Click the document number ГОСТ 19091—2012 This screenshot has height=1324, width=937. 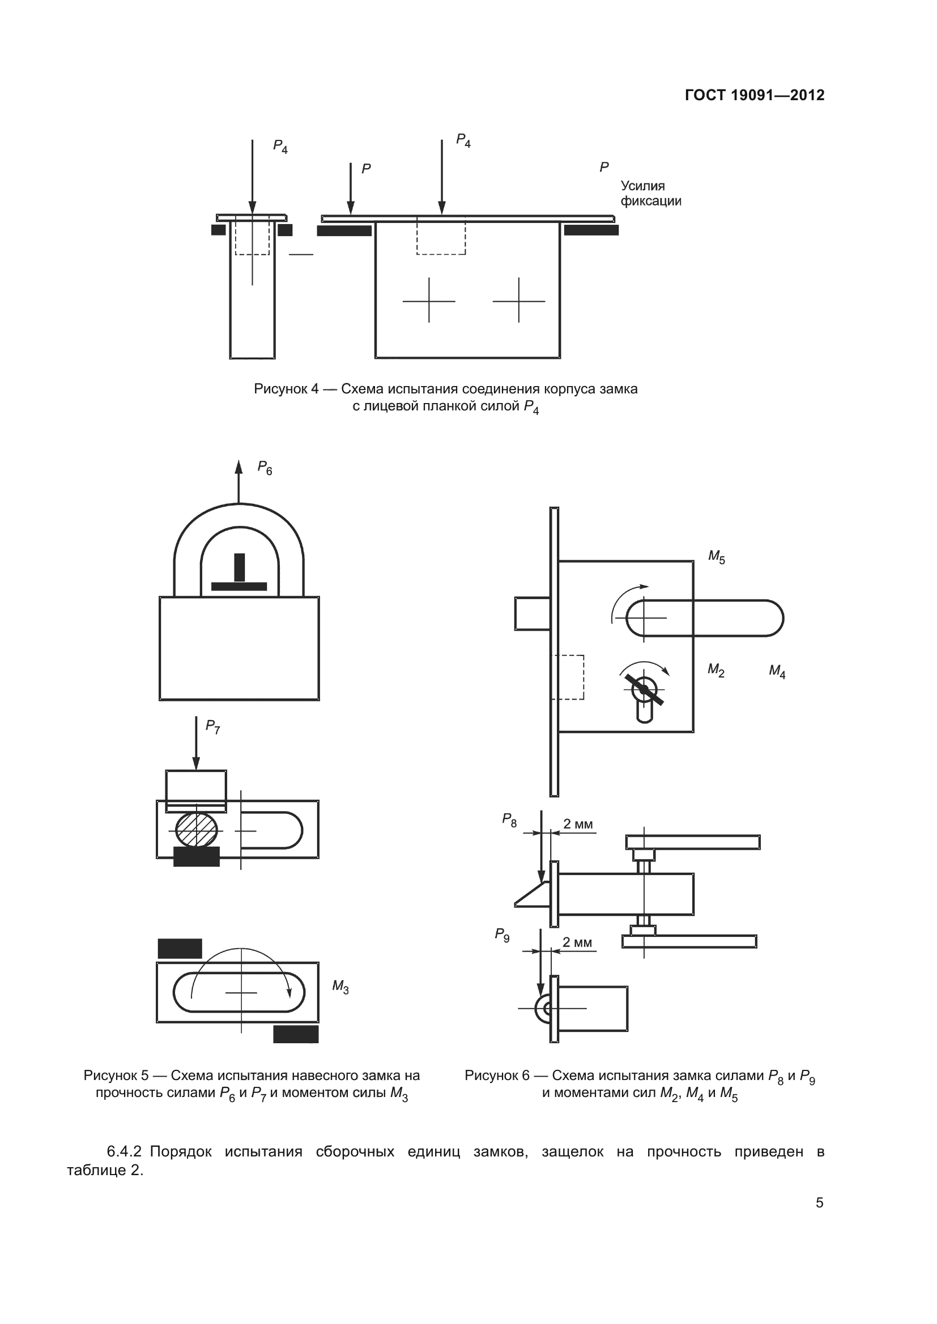click(x=754, y=95)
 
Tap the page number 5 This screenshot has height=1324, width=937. click(x=819, y=1202)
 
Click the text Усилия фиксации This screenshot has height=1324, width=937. click(x=650, y=193)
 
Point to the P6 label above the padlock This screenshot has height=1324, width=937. click(x=265, y=468)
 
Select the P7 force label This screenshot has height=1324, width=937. click(x=212, y=727)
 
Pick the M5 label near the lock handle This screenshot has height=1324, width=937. click(x=717, y=556)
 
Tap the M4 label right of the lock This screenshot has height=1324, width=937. click(x=777, y=671)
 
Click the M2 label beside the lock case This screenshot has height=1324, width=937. click(x=716, y=670)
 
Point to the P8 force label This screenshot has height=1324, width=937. click(x=509, y=820)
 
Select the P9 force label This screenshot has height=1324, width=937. click(x=502, y=935)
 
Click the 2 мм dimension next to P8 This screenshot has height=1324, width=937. click(x=577, y=824)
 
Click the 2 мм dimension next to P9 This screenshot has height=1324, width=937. click(x=577, y=942)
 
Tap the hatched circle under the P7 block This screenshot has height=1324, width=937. click(x=196, y=830)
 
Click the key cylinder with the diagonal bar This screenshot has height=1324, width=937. click(x=645, y=690)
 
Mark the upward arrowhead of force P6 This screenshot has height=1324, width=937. click(x=239, y=467)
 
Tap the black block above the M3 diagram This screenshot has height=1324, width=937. click(x=180, y=949)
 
